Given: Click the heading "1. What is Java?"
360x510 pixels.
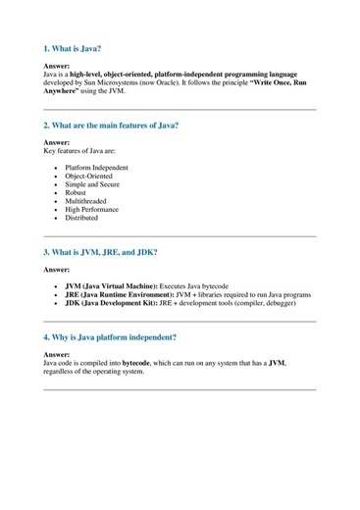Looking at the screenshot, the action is (74, 47).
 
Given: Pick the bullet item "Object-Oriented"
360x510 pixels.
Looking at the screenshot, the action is (90, 177).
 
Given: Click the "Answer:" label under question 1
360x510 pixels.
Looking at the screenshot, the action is (57, 66).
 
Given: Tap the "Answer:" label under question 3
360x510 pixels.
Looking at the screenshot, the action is (57, 270).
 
